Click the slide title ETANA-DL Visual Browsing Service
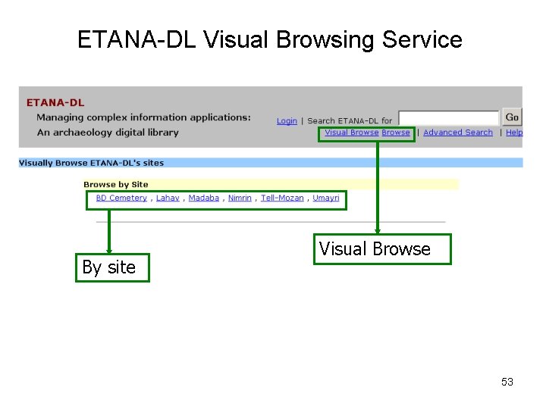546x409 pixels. click(x=269, y=39)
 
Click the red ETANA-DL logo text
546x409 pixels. click(x=55, y=102)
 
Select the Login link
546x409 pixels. click(x=287, y=120)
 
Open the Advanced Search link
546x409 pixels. click(x=457, y=133)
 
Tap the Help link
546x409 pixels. click(x=514, y=133)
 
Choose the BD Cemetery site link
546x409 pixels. click(x=121, y=198)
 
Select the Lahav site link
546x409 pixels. click(x=168, y=198)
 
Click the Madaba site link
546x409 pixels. click(x=203, y=198)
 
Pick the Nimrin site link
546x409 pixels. click(x=240, y=198)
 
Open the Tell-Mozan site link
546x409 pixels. click(x=282, y=198)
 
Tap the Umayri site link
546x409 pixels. click(x=326, y=198)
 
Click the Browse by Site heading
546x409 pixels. click(x=116, y=184)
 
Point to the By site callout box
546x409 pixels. click(x=112, y=267)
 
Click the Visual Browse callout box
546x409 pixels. click(x=381, y=249)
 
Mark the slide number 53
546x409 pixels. click(x=507, y=382)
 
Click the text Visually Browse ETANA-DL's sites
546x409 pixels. click(x=91, y=163)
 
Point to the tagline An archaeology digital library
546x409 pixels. click(x=108, y=133)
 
